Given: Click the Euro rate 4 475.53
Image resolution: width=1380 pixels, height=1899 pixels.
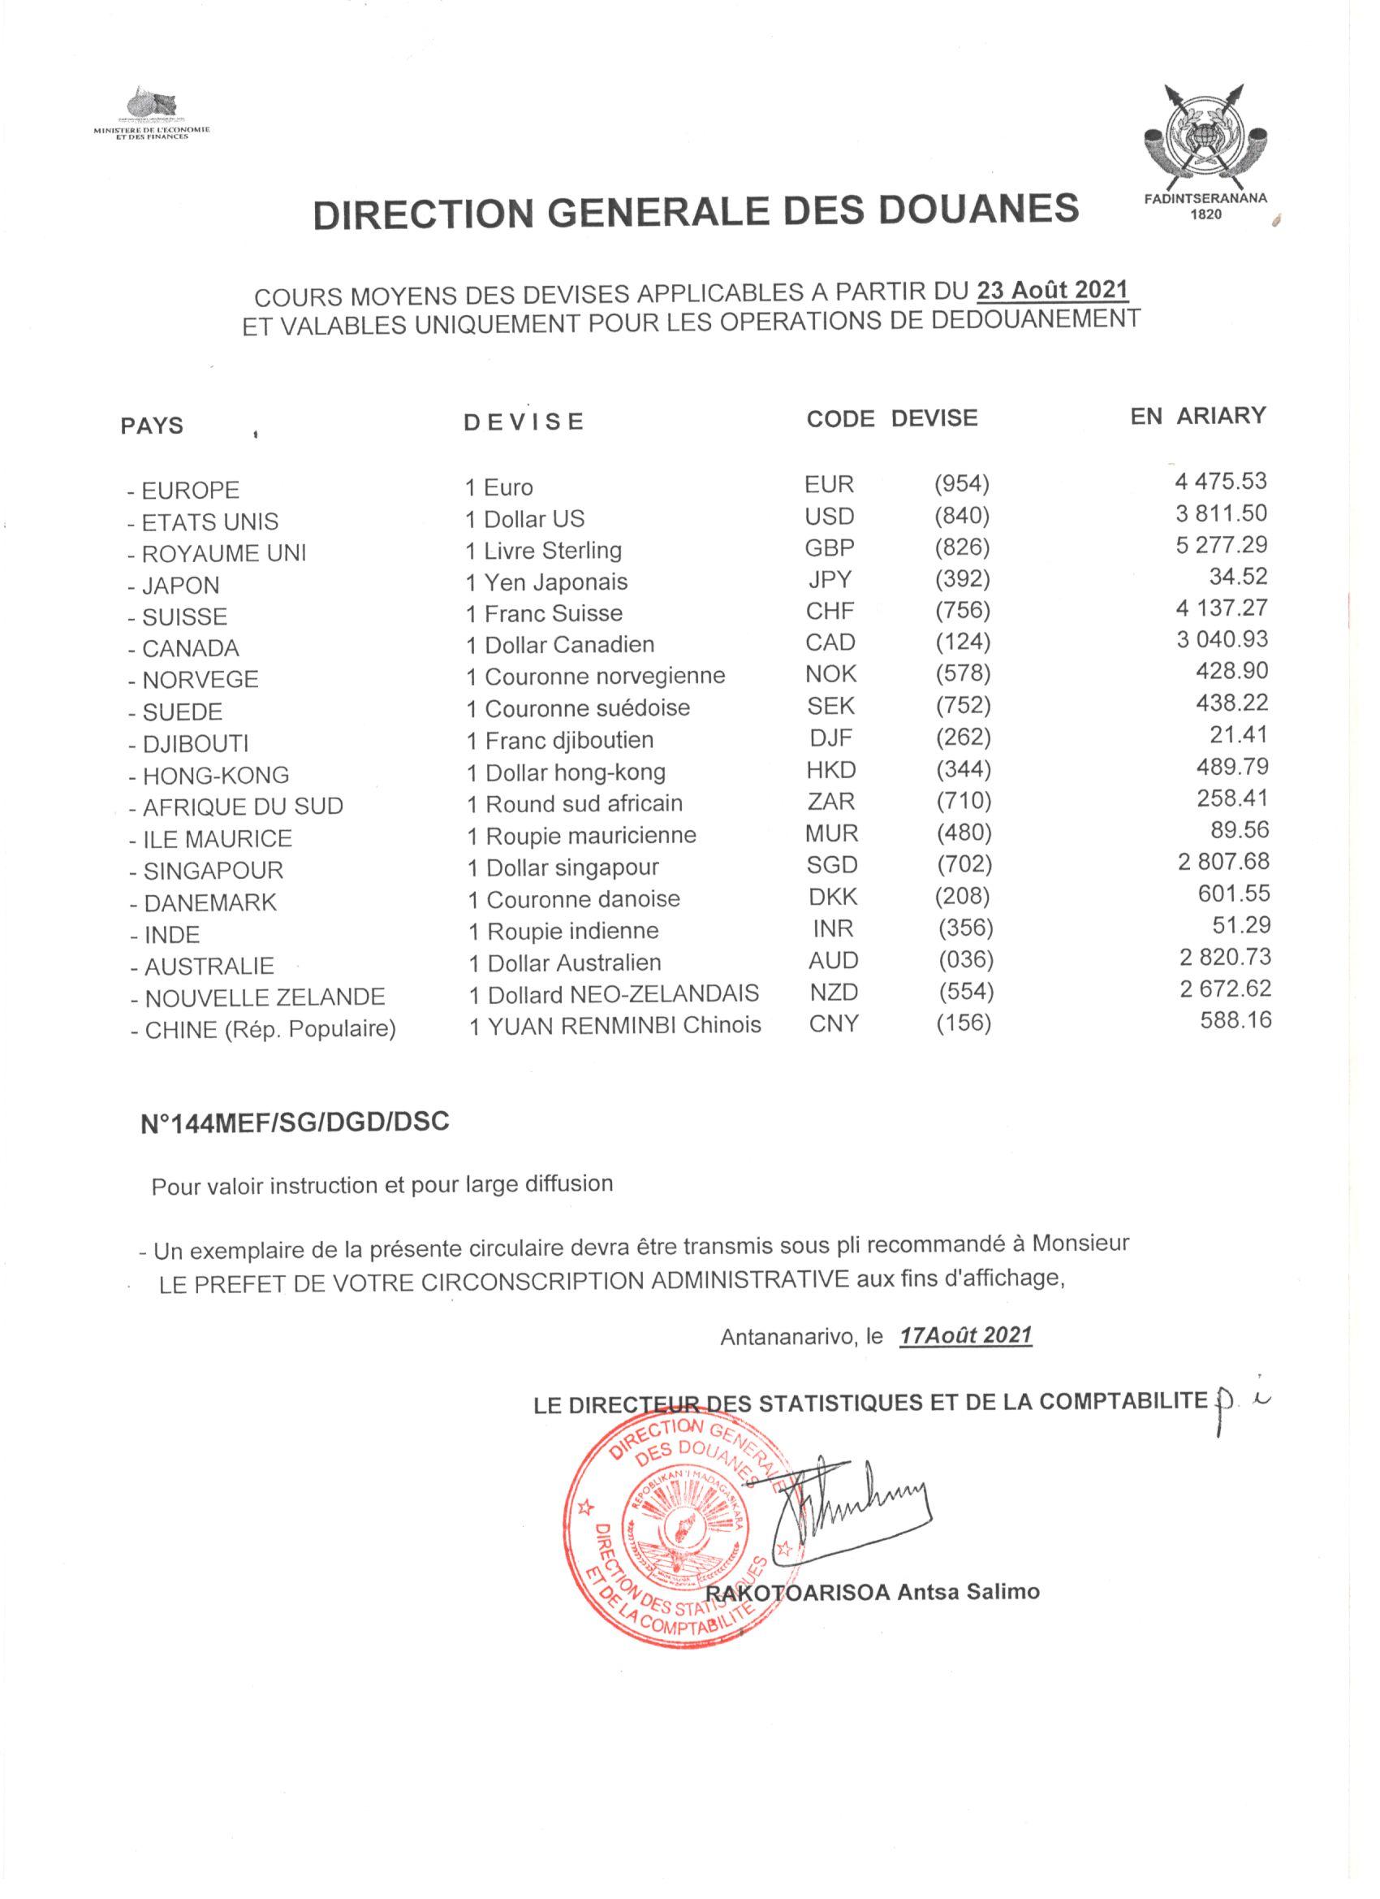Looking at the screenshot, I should tap(1220, 482).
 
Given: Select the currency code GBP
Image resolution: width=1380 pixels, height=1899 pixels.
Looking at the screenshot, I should tap(830, 547).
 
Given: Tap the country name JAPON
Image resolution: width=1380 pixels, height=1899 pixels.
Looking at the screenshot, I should tap(180, 586).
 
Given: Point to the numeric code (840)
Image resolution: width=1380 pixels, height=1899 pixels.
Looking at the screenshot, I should tap(962, 516).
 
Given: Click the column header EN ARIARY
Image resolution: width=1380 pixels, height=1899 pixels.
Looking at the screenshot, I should tap(1197, 416).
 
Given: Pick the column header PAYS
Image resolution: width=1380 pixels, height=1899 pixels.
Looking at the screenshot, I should tap(152, 426).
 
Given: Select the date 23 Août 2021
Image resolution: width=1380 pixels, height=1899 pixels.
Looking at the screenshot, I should tap(1053, 290).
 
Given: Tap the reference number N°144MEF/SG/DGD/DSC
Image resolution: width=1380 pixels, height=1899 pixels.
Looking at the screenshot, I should tap(295, 1123).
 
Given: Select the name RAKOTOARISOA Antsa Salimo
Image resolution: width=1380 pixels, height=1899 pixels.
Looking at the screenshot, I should tap(873, 1591).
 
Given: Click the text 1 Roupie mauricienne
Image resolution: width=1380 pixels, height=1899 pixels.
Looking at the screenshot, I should tap(581, 836).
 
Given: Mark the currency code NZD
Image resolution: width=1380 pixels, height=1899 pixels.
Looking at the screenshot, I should tap(834, 993).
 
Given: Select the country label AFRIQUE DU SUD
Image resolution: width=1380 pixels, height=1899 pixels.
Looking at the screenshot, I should tap(242, 807).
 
